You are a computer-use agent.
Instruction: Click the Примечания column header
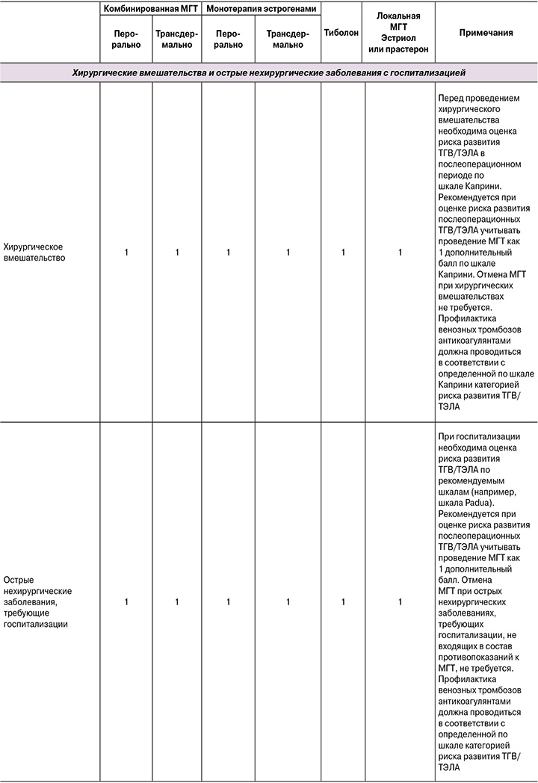[x=486, y=32]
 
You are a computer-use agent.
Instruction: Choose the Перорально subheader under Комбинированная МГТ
[x=126, y=39]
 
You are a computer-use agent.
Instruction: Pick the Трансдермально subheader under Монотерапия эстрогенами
[x=288, y=39]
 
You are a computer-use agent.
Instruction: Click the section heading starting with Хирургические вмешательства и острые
[x=268, y=72]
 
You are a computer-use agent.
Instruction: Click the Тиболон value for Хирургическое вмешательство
[x=343, y=253]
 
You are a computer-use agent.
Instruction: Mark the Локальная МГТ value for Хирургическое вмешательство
[x=400, y=253]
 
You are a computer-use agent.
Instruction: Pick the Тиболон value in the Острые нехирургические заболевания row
[x=343, y=601]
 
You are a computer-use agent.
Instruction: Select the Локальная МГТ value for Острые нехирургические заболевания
[x=400, y=601]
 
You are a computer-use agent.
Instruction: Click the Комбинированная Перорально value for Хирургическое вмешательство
[x=126, y=253]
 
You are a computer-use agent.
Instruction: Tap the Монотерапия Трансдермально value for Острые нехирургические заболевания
[x=288, y=601]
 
